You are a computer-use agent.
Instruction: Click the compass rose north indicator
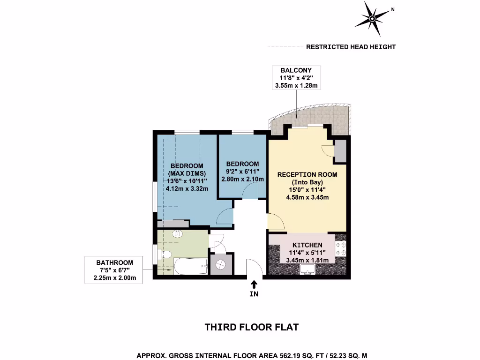point(372,19)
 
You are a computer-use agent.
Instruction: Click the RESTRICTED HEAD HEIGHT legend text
point(351,47)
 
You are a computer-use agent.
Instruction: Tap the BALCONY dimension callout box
point(296,78)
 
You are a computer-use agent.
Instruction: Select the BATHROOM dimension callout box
point(114,270)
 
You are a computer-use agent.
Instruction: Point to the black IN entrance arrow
point(254,285)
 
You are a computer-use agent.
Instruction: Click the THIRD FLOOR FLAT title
point(252,327)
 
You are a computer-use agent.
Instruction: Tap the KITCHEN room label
point(307,245)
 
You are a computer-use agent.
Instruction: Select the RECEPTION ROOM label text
point(307,174)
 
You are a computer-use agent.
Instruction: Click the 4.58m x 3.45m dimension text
point(307,197)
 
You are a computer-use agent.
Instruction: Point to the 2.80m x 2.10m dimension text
point(242,179)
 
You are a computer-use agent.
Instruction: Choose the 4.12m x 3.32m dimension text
point(187,188)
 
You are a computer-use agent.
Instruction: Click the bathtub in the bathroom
point(190,267)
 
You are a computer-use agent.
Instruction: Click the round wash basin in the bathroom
point(177,234)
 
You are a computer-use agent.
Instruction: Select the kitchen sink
point(308,269)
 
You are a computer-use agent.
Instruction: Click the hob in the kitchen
point(341,249)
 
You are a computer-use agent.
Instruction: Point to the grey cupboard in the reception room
point(341,150)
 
